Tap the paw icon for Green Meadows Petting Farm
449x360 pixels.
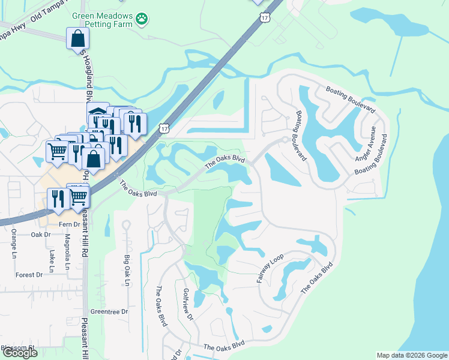(x=142, y=18)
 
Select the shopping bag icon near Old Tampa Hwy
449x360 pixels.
(x=78, y=39)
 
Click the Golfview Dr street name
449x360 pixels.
(x=188, y=306)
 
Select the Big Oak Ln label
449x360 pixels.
(x=127, y=271)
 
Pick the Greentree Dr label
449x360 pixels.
(x=109, y=312)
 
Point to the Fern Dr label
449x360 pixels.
(x=69, y=224)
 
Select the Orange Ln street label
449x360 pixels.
(x=13, y=247)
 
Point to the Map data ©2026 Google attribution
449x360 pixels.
(x=411, y=355)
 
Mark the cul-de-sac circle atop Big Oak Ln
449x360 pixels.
(x=126, y=225)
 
